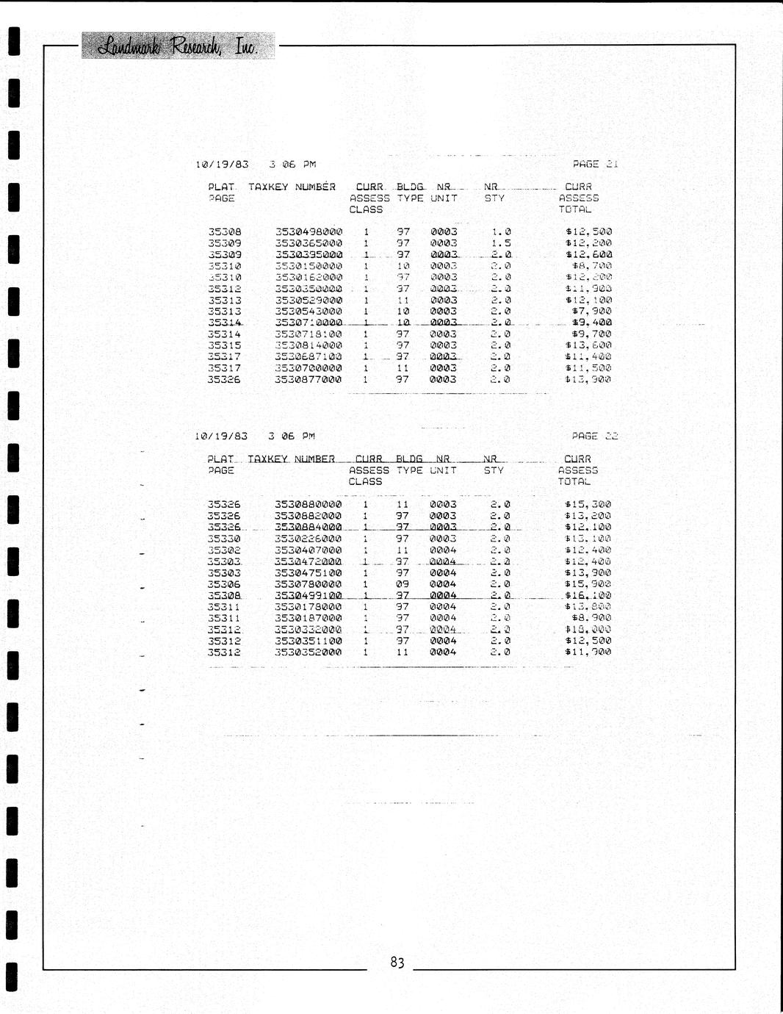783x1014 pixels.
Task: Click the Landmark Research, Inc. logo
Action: (x=178, y=46)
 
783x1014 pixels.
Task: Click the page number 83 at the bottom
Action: (x=397, y=963)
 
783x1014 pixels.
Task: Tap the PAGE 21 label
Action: (x=595, y=164)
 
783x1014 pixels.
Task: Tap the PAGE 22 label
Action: (x=595, y=436)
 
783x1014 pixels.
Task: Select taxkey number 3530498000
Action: (x=308, y=231)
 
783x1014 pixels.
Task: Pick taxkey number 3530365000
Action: (x=308, y=243)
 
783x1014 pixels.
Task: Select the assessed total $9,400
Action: (x=591, y=323)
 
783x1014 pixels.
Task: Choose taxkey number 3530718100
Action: (x=308, y=334)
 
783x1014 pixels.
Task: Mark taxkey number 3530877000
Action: (x=308, y=380)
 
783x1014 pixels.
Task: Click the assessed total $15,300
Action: (x=588, y=505)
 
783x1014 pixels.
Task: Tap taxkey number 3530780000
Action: (x=308, y=584)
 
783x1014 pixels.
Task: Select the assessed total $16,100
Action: (x=588, y=595)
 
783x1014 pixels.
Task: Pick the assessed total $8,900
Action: (x=591, y=618)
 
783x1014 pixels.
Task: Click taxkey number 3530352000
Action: (x=308, y=652)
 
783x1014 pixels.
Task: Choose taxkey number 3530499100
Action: (x=308, y=595)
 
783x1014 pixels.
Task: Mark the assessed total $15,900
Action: (x=588, y=584)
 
